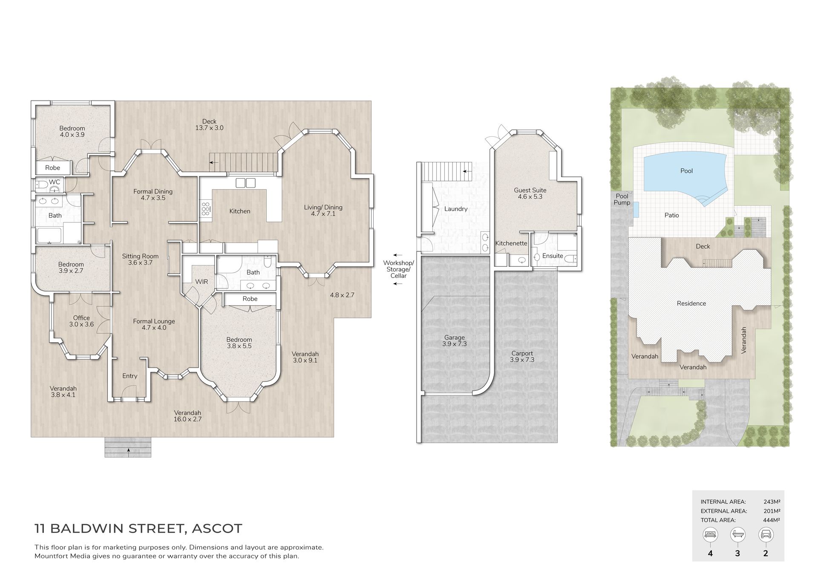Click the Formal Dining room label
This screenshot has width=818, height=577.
click(x=153, y=191)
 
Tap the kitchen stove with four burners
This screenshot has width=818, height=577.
click(x=205, y=209)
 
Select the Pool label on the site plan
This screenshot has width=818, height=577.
click(x=686, y=171)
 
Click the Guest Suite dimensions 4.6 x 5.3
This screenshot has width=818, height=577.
click(x=530, y=197)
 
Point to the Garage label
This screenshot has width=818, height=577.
click(x=454, y=338)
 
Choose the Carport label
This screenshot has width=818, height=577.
click(x=522, y=353)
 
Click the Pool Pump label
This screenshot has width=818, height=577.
click(x=622, y=199)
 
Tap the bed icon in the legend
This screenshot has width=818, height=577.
click(x=711, y=534)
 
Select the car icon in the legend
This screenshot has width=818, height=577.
click(x=766, y=534)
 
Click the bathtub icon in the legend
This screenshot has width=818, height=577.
click(x=738, y=534)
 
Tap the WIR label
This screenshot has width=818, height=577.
click(x=202, y=282)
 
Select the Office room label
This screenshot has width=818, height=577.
click(x=81, y=318)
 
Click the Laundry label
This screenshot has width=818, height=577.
click(x=456, y=209)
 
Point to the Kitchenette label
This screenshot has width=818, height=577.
click(x=511, y=243)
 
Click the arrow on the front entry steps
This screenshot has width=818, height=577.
click(x=127, y=450)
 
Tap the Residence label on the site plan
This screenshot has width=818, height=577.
click(x=691, y=303)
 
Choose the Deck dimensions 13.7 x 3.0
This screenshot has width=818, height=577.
click(x=209, y=128)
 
